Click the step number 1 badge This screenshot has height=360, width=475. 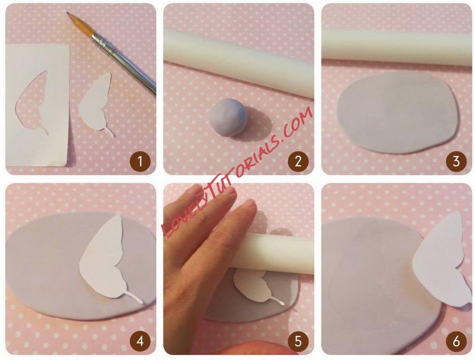click(140, 162)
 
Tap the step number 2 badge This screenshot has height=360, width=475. click(298, 162)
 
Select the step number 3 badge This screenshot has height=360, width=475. click(456, 162)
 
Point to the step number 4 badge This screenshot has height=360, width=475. click(140, 341)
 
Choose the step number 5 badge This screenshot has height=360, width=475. click(298, 341)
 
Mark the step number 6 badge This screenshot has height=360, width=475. click(456, 341)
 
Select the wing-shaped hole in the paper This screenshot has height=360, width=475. click(32, 101)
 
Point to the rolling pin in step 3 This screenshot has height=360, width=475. click(397, 46)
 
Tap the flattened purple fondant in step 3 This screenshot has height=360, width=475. click(398, 112)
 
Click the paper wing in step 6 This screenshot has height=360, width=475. click(441, 261)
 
